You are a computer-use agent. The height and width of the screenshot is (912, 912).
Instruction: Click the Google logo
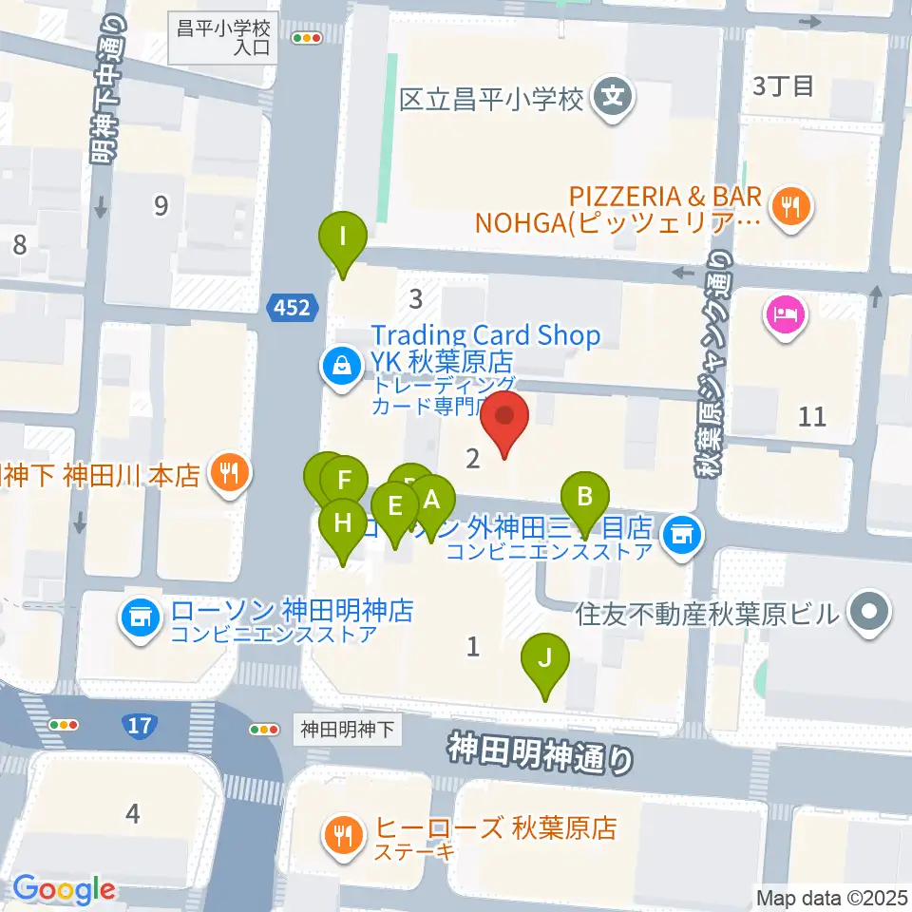click(64, 890)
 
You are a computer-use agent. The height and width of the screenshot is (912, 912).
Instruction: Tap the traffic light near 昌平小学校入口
click(309, 38)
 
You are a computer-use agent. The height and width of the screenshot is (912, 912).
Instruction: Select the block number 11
click(813, 415)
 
